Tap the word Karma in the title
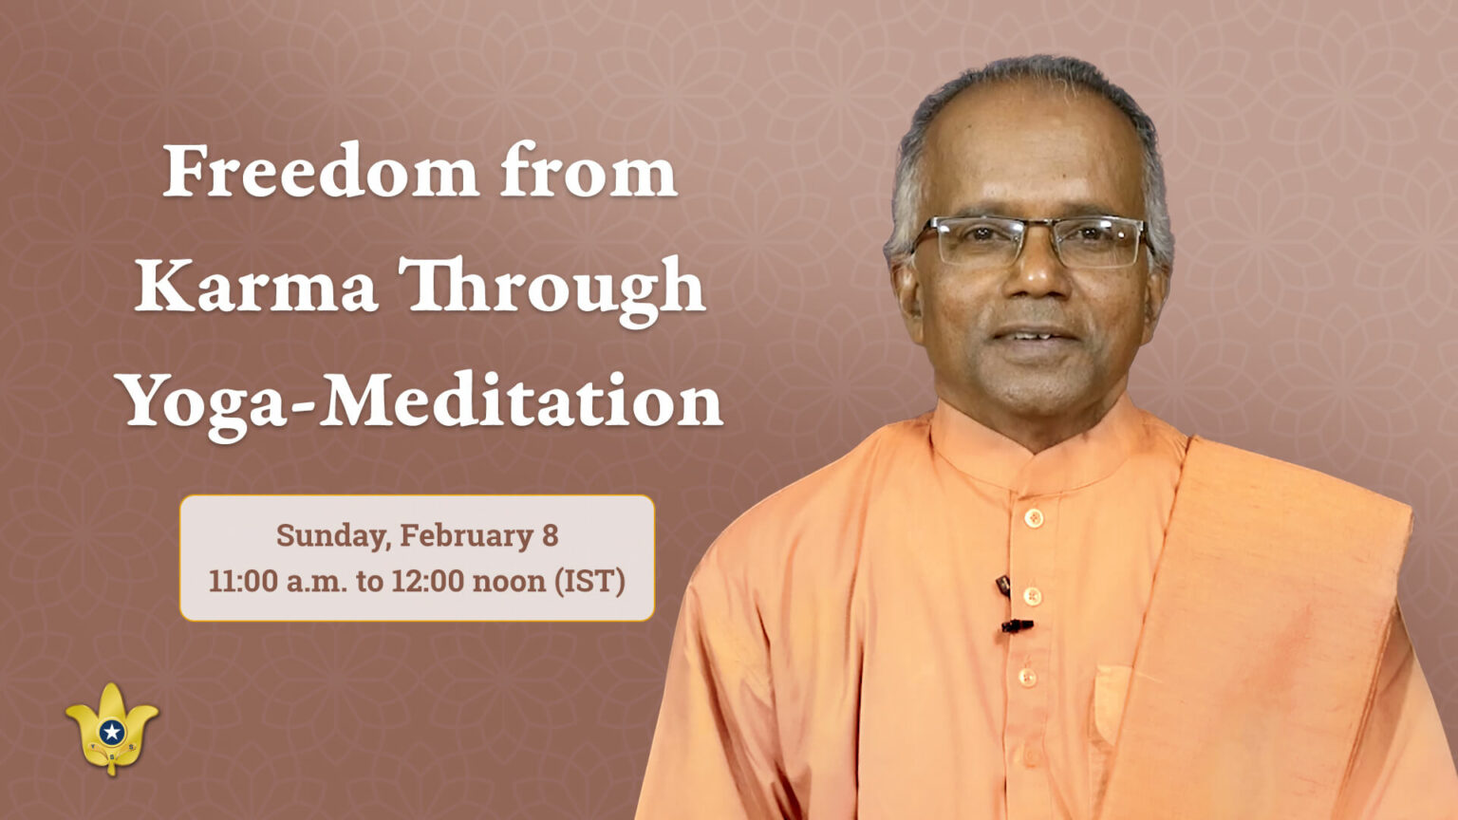click(x=256, y=286)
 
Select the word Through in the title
click(x=551, y=288)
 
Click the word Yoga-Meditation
click(x=420, y=401)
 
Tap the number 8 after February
click(x=550, y=535)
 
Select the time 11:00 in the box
click(x=243, y=580)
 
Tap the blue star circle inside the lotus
click(x=112, y=732)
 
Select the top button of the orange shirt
click(x=1034, y=518)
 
